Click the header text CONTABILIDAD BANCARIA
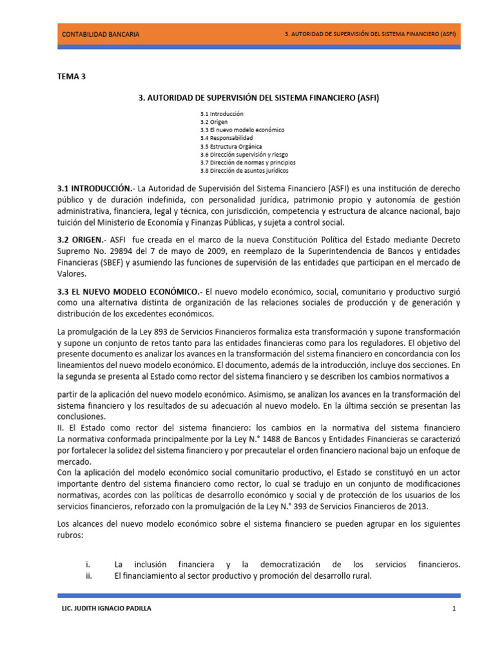tap(100, 34)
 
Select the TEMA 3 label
tap(72, 77)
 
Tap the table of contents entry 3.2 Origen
tap(213, 122)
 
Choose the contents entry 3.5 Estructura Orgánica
tap(231, 146)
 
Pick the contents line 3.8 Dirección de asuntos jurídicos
tap(244, 171)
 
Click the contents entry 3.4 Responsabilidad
tap(226, 138)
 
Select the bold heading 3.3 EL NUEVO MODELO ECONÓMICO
tap(129, 292)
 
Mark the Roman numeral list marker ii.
tap(89, 576)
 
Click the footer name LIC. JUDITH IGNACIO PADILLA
tap(106, 609)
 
